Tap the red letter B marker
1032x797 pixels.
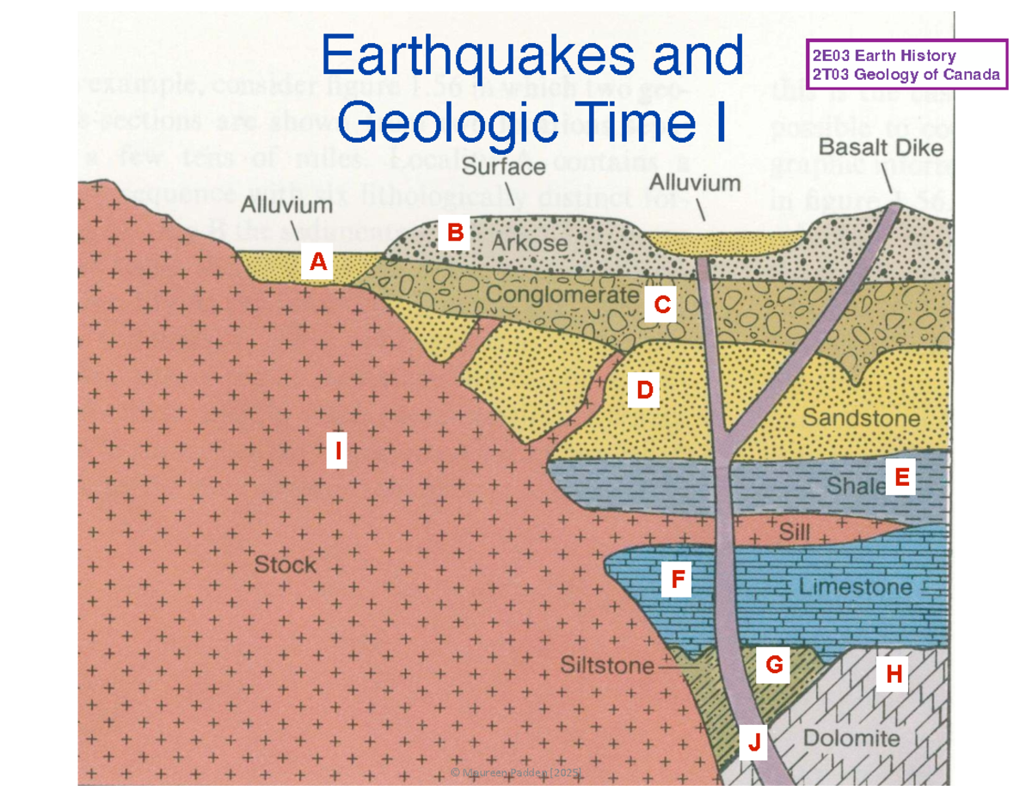point(455,232)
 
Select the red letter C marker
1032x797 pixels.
point(661,304)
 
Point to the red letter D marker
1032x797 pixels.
point(644,391)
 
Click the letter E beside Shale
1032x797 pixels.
point(900,477)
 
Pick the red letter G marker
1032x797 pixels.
point(773,664)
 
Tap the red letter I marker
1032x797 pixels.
point(338,450)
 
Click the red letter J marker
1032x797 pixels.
point(753,741)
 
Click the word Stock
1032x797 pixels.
point(286,566)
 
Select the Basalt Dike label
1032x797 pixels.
point(880,148)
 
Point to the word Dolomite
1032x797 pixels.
point(851,739)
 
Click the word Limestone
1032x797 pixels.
point(856,588)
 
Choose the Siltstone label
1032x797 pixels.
point(606,665)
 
